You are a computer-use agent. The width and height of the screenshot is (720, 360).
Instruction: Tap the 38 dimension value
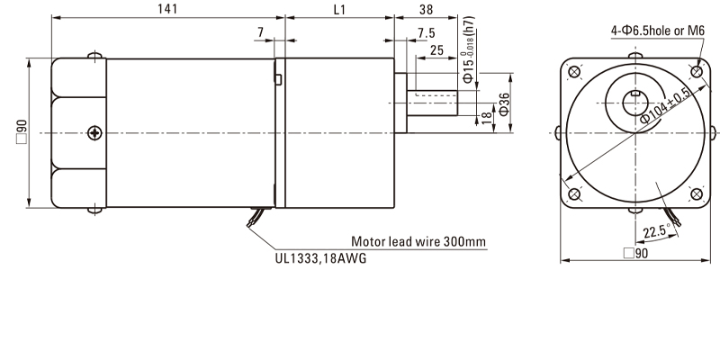point(426,8)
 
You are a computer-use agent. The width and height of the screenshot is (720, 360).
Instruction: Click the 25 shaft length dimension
point(437,51)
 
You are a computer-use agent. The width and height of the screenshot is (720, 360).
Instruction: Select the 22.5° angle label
point(656,232)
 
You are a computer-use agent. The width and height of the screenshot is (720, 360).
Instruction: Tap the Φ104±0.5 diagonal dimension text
point(666,107)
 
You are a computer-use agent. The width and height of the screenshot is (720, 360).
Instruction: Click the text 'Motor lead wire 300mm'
point(418,242)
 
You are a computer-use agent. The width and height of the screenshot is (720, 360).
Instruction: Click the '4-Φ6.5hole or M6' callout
point(656,31)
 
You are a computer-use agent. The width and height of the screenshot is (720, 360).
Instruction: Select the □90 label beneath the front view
point(636,255)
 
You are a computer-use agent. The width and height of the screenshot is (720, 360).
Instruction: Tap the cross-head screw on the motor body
point(95,134)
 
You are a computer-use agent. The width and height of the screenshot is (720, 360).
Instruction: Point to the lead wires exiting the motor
point(256,217)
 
